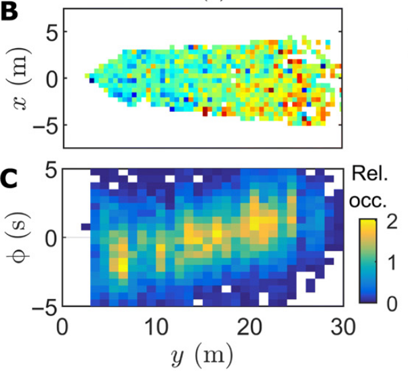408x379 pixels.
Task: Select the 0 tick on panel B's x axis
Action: click(52, 78)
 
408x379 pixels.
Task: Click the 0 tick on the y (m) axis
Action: click(63, 325)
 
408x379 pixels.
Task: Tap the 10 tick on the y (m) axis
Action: click(157, 325)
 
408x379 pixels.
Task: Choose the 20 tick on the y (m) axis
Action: click(251, 325)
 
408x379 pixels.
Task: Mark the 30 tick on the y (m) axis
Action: click(344, 325)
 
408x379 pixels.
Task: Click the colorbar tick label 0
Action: click(392, 306)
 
